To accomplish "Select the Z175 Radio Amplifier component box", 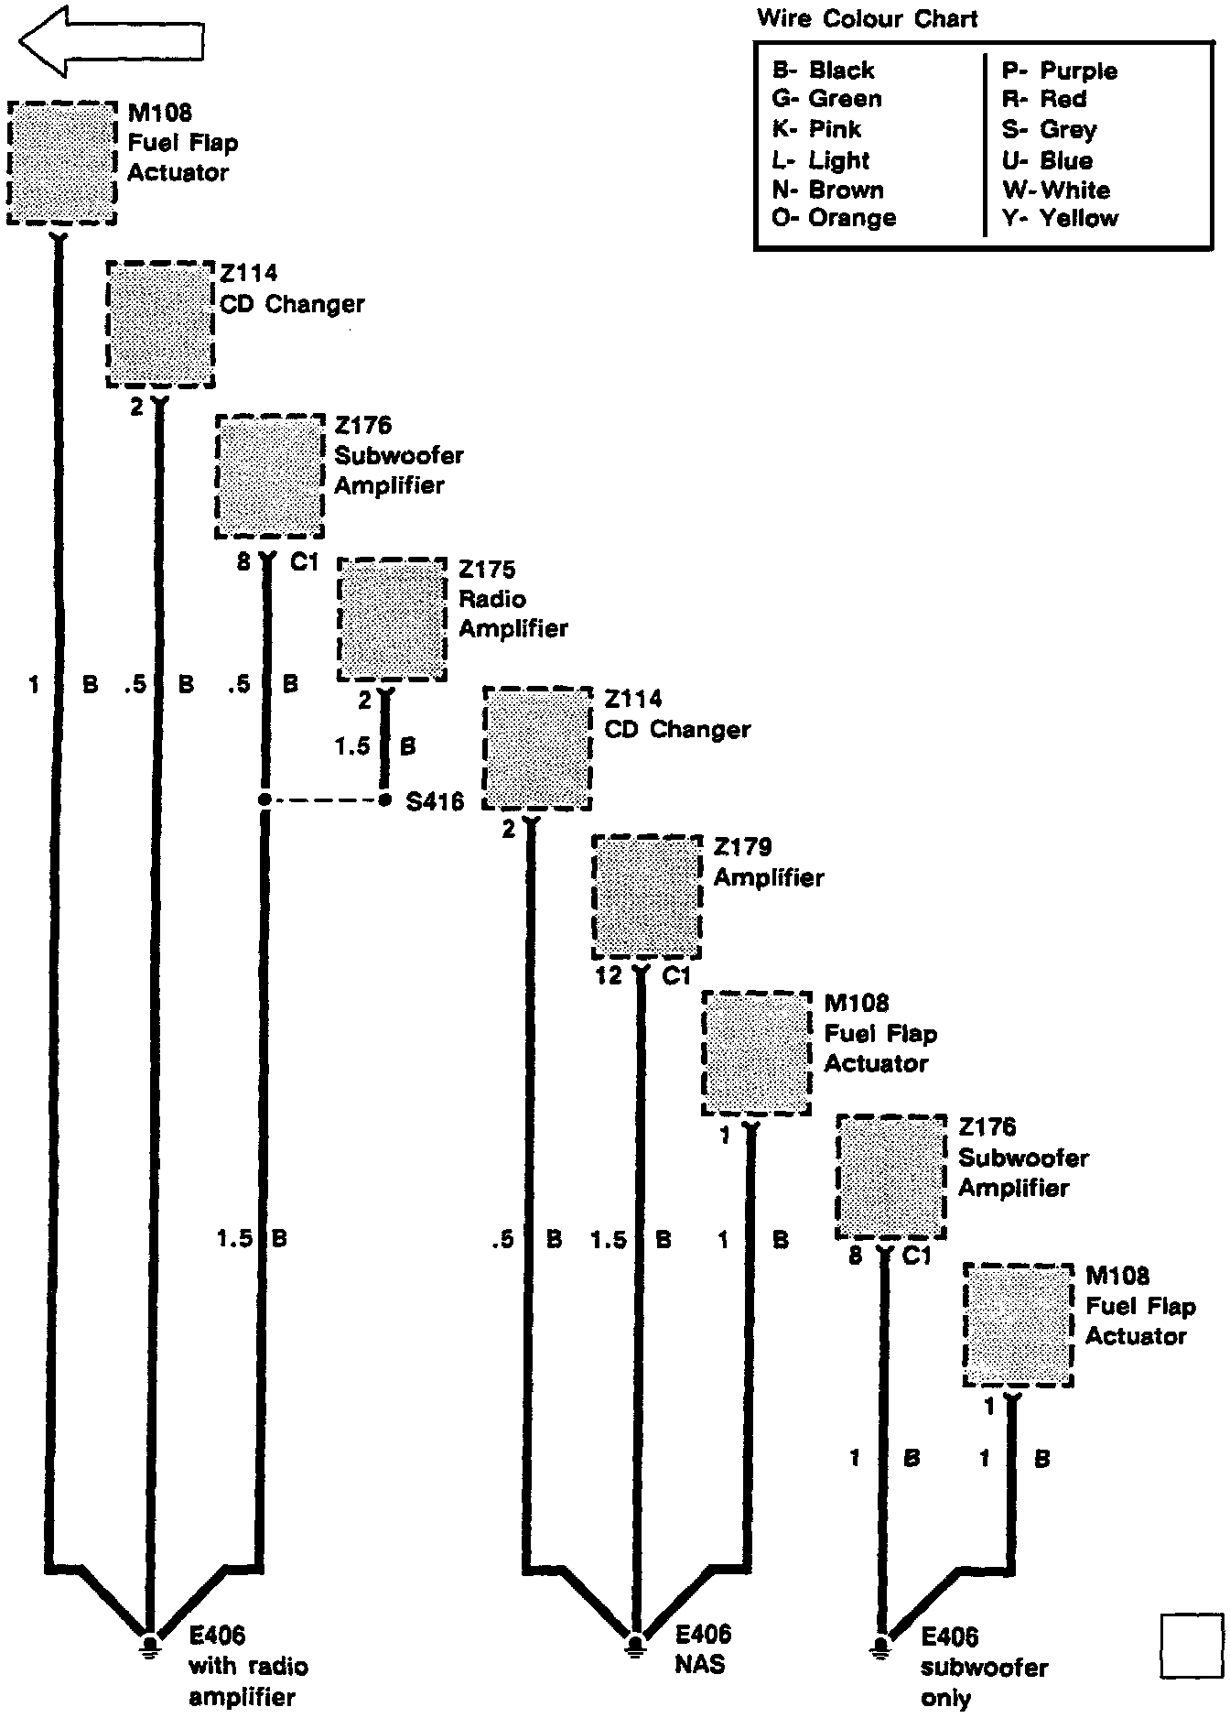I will click(392, 620).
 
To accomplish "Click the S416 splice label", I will click(434, 803).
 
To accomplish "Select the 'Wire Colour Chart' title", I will click(867, 18).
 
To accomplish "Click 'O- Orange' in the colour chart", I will click(834, 218).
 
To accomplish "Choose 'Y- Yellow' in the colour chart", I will click(1059, 218).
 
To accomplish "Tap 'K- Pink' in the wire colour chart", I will click(816, 129).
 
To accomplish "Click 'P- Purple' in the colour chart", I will click(1059, 71).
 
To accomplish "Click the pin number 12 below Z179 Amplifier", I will click(609, 976).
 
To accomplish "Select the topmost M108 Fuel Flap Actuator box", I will click(62, 162).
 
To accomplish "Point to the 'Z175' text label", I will click(487, 570).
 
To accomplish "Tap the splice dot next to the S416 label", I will click(384, 801).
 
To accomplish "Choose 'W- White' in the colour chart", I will click(1055, 190).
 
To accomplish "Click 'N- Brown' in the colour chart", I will click(827, 190).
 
